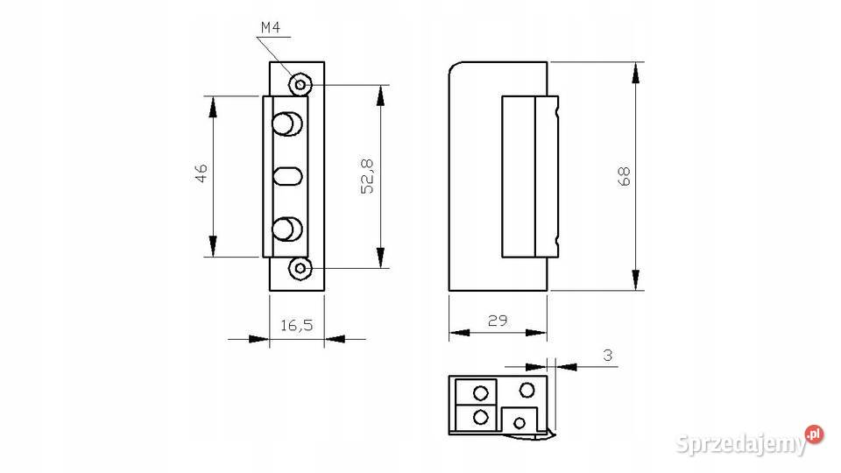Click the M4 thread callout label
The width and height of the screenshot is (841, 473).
point(271,27)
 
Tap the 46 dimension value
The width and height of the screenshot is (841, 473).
point(201,173)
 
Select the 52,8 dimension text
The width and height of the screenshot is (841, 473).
point(368,176)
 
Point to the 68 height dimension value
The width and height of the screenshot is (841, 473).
point(625,176)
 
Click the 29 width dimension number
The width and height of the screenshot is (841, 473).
point(498,321)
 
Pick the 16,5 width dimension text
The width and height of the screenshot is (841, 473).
point(297,325)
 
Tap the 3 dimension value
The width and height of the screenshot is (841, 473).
point(608,355)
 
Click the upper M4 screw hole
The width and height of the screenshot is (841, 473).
point(300,85)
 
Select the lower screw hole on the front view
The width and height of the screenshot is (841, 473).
point(300,268)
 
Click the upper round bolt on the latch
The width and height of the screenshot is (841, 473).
point(287,124)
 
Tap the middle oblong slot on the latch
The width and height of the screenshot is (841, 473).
point(288,176)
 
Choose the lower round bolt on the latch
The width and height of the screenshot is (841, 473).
point(287,229)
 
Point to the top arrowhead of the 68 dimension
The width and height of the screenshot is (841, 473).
point(636,73)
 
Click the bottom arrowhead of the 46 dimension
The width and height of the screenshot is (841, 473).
point(213,246)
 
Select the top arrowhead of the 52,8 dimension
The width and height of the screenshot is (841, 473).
point(381,95)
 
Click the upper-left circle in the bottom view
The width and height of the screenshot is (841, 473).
point(481,393)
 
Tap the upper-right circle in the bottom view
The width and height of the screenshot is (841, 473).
point(527,390)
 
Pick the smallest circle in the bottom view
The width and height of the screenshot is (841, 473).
point(519,423)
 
